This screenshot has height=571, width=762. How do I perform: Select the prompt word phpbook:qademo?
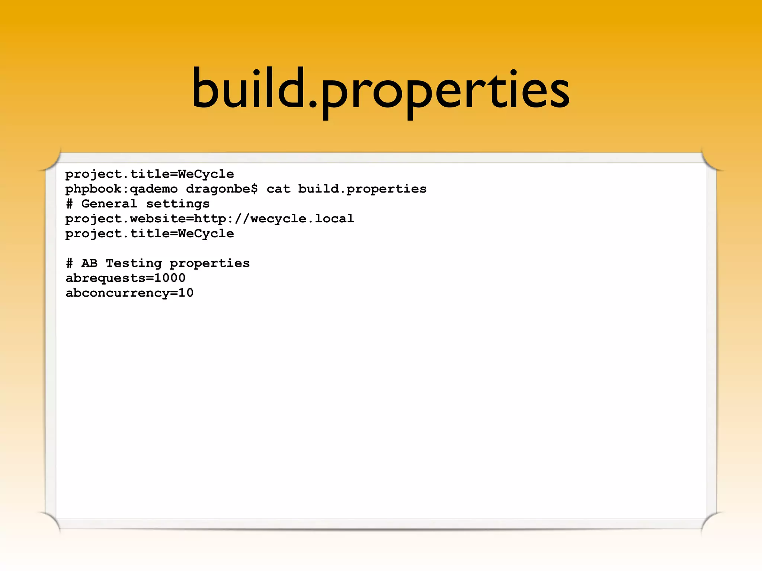tap(121, 189)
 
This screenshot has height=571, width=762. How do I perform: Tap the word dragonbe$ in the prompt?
tap(222, 189)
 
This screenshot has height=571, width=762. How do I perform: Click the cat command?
tap(278, 189)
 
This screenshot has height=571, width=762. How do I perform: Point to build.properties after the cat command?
tap(362, 189)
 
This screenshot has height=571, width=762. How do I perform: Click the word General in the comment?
tap(109, 204)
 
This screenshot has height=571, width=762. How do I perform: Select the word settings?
tap(178, 204)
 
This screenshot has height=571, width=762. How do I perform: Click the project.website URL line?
tap(209, 219)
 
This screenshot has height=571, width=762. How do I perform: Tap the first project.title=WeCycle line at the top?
tap(150, 174)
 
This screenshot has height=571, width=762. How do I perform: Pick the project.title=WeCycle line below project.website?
tap(150, 234)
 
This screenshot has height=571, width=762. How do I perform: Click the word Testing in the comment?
tap(134, 263)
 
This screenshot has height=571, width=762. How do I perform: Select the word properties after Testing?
tap(209, 264)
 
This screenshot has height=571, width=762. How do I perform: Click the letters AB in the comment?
tap(89, 263)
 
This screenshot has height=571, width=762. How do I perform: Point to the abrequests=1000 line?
tap(125, 278)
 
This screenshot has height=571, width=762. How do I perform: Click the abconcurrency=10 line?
tap(129, 293)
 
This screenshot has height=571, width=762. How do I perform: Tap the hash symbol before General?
tap(69, 204)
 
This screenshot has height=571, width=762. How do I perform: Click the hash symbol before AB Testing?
tap(69, 263)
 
